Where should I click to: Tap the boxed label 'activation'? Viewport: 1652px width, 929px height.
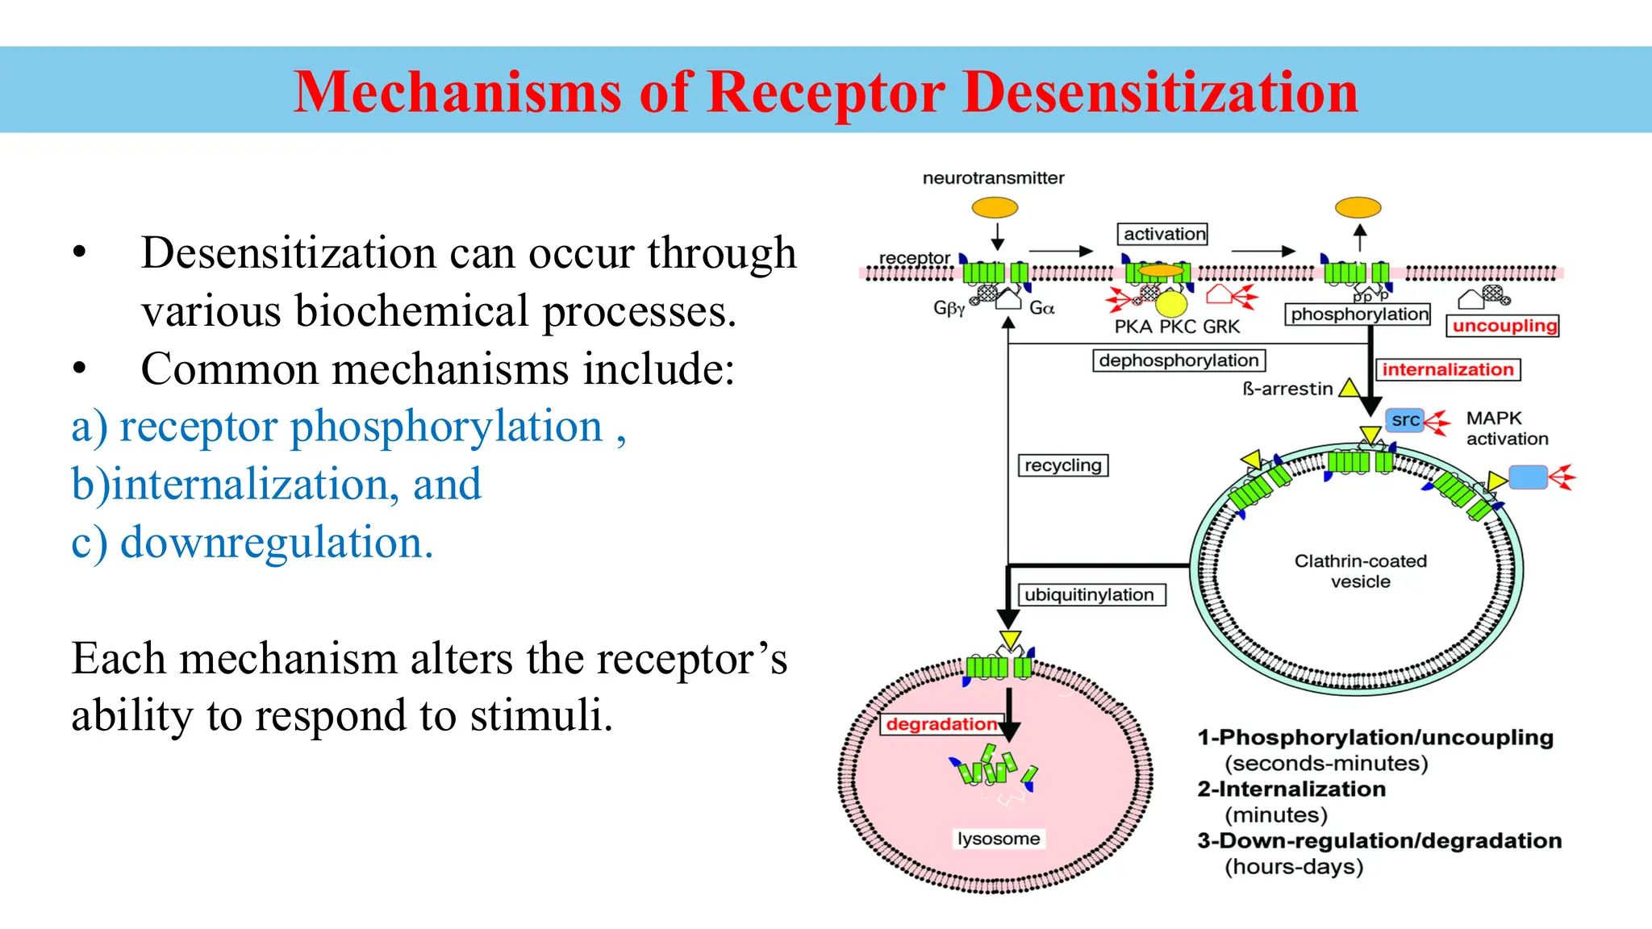(1162, 234)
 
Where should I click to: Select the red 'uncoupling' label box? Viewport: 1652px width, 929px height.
(1504, 326)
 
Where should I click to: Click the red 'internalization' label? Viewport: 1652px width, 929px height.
(1448, 369)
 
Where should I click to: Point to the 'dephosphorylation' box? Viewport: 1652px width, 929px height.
(1179, 360)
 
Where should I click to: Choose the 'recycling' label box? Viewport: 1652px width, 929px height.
(1063, 465)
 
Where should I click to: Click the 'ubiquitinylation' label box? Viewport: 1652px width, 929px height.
(1089, 595)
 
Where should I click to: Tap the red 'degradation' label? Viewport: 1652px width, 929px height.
(941, 724)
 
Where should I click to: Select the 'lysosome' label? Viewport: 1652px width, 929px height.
(999, 839)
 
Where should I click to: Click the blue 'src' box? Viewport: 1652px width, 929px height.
(1405, 420)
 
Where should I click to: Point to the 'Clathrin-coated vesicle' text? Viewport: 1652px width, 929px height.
(1361, 571)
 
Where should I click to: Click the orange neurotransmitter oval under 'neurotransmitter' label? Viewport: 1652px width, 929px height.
(995, 208)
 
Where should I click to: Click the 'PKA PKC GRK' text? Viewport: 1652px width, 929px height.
(1177, 327)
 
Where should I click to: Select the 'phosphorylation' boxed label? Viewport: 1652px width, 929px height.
(1358, 315)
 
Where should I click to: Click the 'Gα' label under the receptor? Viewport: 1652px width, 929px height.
(1041, 308)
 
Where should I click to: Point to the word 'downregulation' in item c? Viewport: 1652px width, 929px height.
(272, 542)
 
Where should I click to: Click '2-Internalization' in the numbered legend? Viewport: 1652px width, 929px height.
(1291, 789)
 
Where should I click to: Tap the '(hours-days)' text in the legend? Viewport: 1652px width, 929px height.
(1294, 867)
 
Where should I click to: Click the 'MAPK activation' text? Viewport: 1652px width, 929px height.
(1507, 428)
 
